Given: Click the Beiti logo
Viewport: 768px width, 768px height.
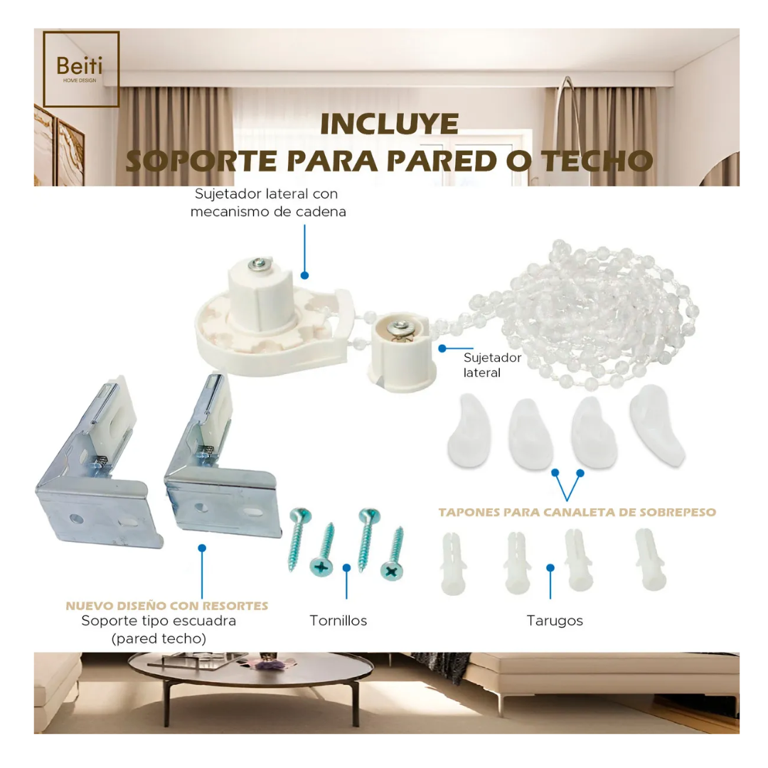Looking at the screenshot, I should pyautogui.click(x=80, y=69).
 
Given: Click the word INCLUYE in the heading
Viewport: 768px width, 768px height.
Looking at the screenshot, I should pyautogui.click(x=389, y=124).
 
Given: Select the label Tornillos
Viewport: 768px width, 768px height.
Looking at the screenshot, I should pyautogui.click(x=338, y=621).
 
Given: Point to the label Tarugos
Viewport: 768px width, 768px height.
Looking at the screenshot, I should pyautogui.click(x=555, y=621).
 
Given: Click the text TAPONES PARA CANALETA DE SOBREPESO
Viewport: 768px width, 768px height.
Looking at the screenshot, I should pyautogui.click(x=577, y=512).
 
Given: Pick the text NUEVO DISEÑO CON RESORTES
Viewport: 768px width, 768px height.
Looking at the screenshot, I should pyautogui.click(x=167, y=607).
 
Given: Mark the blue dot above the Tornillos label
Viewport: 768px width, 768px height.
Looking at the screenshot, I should pyautogui.click(x=346, y=567).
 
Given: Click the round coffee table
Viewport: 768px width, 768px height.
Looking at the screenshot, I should pyautogui.click(x=250, y=679).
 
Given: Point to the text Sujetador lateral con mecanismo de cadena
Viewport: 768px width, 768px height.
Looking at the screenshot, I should pyautogui.click(x=267, y=203).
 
